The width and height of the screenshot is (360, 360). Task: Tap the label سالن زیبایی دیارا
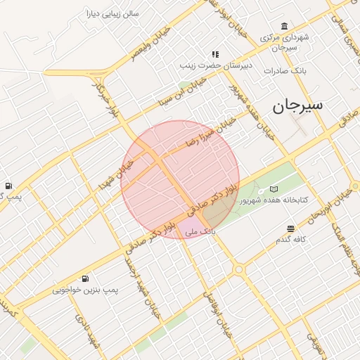[112, 13]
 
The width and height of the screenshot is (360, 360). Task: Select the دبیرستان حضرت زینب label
[205, 65]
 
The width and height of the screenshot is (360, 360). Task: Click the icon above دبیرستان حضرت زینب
[215, 54]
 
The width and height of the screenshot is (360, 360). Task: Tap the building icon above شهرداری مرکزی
[283, 26]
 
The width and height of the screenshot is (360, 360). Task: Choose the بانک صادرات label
[283, 70]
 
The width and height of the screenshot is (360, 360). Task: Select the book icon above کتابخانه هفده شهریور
[274, 188]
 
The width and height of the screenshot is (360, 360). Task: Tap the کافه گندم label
[291, 240]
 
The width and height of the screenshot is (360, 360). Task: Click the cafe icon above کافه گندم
[290, 229]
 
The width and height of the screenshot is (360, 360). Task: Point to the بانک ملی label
[199, 231]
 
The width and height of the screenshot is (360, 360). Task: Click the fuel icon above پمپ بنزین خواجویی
[85, 278]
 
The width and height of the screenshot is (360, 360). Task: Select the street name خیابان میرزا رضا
[211, 131]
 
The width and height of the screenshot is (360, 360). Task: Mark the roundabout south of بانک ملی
[239, 269]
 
